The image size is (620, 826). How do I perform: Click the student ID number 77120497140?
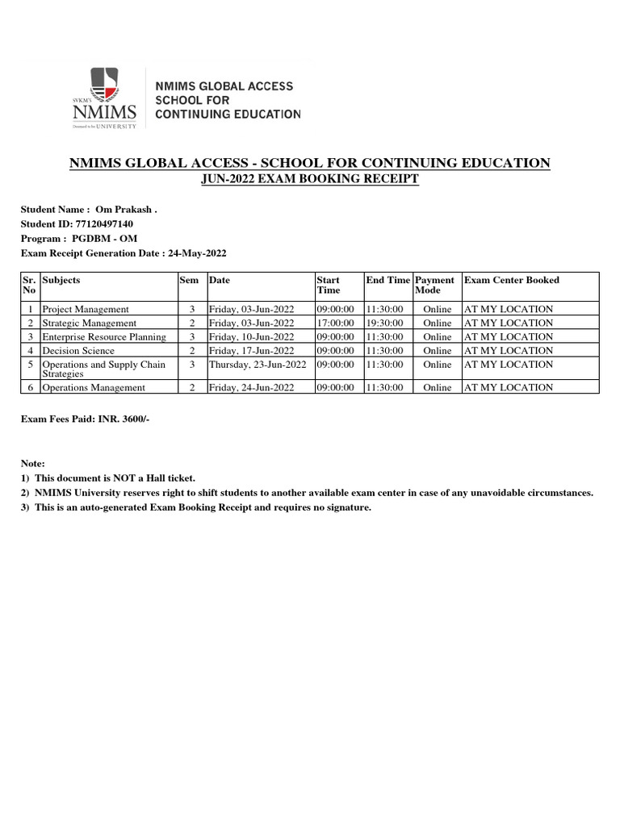pyautogui.click(x=104, y=223)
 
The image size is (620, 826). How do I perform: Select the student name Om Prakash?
pyautogui.click(x=126, y=209)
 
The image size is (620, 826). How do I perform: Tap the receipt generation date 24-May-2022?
pyautogui.click(x=197, y=252)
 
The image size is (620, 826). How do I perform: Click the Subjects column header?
pyautogui.click(x=61, y=280)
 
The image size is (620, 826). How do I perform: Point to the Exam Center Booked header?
pyautogui.click(x=511, y=280)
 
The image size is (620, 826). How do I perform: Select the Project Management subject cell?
pyautogui.click(x=86, y=309)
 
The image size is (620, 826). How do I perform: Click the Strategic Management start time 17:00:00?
pyautogui.click(x=335, y=323)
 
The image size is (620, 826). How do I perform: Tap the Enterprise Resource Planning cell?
pyautogui.click(x=104, y=336)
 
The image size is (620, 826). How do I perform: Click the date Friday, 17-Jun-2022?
pyautogui.click(x=249, y=350)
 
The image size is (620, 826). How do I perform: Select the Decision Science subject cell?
pyautogui.click(x=78, y=350)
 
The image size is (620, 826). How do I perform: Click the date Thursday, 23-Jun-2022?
pyautogui.click(x=258, y=365)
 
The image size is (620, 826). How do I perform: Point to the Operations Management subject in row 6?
pyautogui.click(x=94, y=387)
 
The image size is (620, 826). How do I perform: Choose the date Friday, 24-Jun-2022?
pyautogui.click(x=249, y=387)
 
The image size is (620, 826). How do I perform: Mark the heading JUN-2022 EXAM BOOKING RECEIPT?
pyautogui.click(x=310, y=179)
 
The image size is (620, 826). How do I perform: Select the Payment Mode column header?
pyautogui.click(x=434, y=285)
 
